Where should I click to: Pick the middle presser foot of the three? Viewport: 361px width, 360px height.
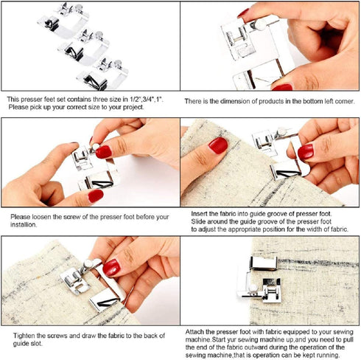pyautogui.click(x=83, y=45)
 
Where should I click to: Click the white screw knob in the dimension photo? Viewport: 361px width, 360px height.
pyautogui.click(x=259, y=26)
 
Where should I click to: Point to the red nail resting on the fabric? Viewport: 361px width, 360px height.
pyautogui.click(x=217, y=145)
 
